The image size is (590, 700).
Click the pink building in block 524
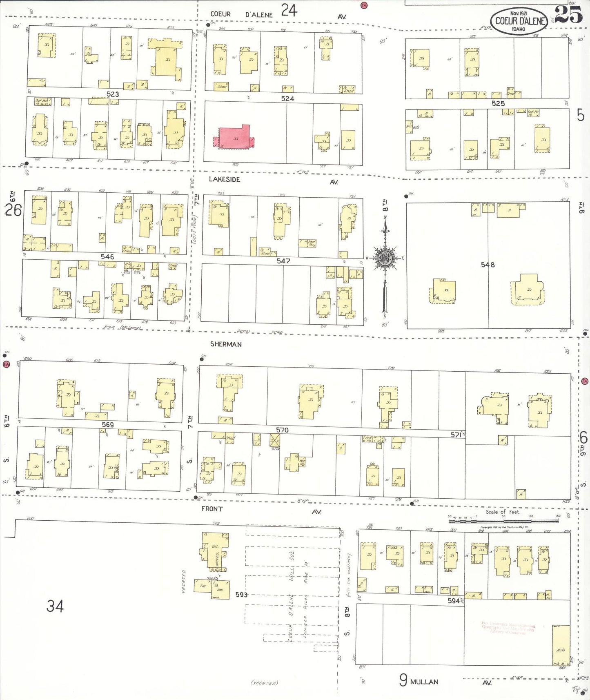(x=234, y=137)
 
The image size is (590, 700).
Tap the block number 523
(x=113, y=94)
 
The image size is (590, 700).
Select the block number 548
(x=488, y=265)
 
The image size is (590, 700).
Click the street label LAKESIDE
(x=225, y=179)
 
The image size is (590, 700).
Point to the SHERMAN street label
(x=226, y=344)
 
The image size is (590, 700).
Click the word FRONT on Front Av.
(x=212, y=509)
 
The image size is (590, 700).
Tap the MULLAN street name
(x=424, y=682)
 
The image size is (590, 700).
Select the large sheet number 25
(x=568, y=15)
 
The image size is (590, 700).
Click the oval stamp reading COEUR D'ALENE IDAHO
(x=519, y=21)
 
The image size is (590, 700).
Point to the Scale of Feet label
(x=502, y=512)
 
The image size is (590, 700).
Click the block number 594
(x=454, y=601)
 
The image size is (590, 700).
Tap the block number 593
(x=241, y=595)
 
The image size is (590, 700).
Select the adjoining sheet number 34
(x=55, y=606)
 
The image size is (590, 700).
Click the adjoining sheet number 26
(x=13, y=210)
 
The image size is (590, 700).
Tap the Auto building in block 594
(x=561, y=646)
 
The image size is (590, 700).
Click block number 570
(x=282, y=430)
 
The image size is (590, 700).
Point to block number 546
(x=107, y=256)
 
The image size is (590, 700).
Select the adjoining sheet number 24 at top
(x=289, y=10)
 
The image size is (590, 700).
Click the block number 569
(x=108, y=425)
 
